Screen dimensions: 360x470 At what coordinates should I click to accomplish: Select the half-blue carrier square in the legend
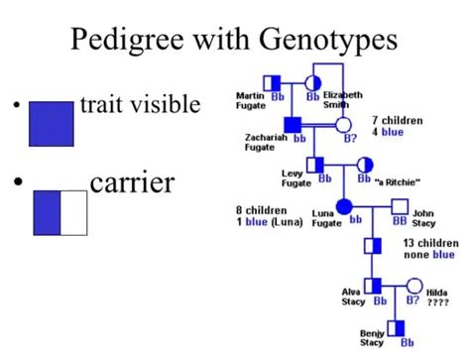(x=60, y=211)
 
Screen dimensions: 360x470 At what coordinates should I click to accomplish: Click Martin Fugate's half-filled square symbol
(x=274, y=81)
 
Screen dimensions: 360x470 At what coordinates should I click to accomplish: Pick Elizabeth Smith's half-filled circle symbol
(x=312, y=81)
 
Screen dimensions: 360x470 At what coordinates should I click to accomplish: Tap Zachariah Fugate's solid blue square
(x=293, y=124)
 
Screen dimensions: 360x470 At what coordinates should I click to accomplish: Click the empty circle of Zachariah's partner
(x=343, y=125)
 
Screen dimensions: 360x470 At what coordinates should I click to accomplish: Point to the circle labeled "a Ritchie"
(x=364, y=164)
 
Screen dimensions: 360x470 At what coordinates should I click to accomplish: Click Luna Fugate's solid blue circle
(x=344, y=206)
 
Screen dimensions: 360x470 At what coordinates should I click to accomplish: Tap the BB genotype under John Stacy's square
(x=401, y=222)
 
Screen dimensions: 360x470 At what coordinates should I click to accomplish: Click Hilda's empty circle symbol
(x=413, y=286)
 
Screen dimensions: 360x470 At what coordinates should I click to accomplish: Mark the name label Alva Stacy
(x=353, y=296)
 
